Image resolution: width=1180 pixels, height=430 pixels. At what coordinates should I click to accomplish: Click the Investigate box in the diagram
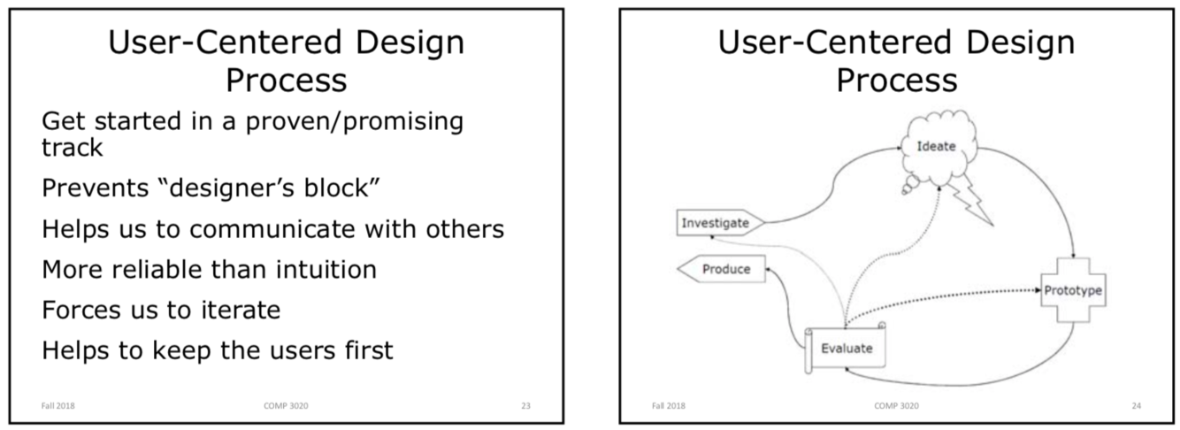[715, 223]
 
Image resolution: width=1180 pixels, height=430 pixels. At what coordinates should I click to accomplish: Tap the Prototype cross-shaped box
[1073, 290]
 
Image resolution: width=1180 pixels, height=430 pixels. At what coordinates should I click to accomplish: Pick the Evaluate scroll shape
[846, 349]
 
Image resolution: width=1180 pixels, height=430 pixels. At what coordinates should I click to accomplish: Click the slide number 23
[525, 406]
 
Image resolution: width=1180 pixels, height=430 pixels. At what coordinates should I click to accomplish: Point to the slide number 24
[1136, 406]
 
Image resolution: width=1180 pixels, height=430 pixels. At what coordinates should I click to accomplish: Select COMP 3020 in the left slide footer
[286, 406]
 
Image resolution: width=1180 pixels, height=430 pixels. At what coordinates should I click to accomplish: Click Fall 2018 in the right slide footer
[668, 406]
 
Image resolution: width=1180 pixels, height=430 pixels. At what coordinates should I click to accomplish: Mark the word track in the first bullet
[73, 147]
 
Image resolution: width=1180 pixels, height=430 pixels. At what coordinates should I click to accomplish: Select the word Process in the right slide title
[896, 81]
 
